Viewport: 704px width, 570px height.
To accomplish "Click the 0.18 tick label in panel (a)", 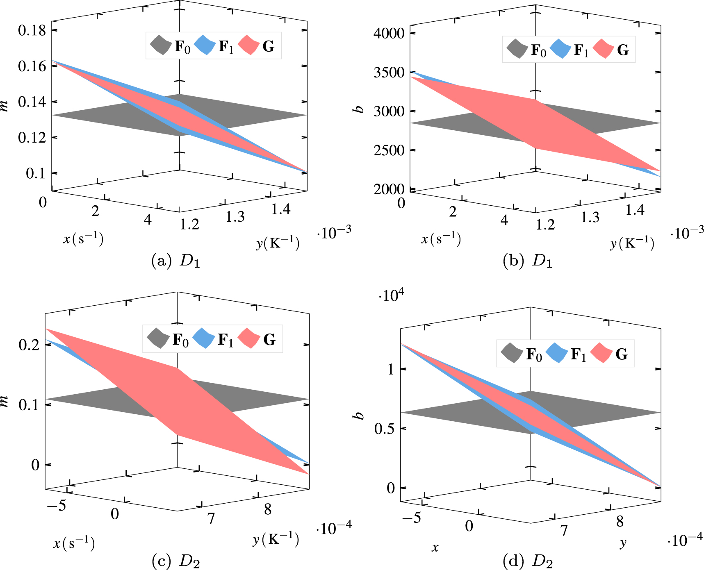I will click(x=32, y=30).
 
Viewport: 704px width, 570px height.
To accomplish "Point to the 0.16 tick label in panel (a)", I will click(x=32, y=66).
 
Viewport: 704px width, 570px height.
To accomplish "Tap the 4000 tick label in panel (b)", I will click(x=389, y=33).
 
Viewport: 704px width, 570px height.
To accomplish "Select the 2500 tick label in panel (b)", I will click(x=389, y=150).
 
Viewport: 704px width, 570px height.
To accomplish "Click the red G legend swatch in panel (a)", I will click(x=249, y=45).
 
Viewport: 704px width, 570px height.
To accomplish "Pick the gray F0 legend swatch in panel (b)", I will click(x=517, y=49).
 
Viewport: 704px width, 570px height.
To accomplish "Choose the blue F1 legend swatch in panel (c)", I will click(x=204, y=339).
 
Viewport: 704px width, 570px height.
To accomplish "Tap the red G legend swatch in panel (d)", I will click(x=602, y=353).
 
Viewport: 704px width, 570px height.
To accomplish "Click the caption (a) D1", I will click(x=175, y=261).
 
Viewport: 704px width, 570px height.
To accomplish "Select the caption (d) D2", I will click(x=528, y=560).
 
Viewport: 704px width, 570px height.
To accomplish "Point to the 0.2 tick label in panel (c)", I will click(x=29, y=345).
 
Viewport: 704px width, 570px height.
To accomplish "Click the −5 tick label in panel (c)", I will click(x=56, y=506).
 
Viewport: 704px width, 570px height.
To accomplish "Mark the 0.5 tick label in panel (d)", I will click(x=384, y=429).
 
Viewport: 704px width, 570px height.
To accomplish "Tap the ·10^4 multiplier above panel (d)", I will click(x=391, y=295).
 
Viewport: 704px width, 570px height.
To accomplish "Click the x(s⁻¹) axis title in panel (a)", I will click(x=83, y=238).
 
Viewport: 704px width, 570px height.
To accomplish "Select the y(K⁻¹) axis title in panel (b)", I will click(x=632, y=243).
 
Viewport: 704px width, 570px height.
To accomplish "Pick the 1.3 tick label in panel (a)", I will click(x=235, y=217).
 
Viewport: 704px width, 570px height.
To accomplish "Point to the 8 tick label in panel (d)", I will click(x=620, y=522).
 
